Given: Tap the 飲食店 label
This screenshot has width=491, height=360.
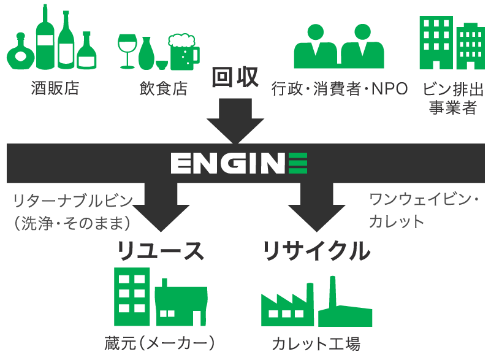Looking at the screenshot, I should click(162, 89).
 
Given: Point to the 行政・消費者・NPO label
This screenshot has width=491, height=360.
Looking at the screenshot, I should click(340, 89).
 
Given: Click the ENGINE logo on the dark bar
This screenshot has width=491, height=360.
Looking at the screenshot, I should click(239, 164).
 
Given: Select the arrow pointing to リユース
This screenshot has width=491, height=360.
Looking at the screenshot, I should click(160, 209).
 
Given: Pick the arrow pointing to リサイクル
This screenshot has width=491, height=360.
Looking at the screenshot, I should click(316, 209).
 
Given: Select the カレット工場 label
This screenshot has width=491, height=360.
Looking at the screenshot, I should click(316, 343).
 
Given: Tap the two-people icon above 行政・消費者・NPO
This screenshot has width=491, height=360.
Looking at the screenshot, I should click(339, 47).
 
